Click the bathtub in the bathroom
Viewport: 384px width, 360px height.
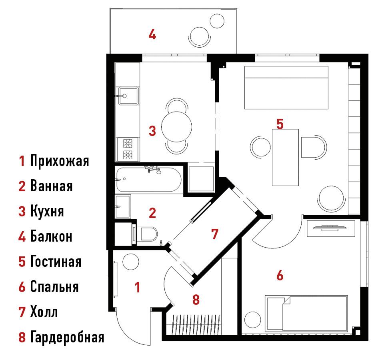click(x=149, y=179)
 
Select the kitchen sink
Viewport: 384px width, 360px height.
click(x=128, y=96)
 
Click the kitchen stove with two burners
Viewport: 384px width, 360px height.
click(x=128, y=149)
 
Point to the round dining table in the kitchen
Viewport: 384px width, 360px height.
click(x=176, y=127)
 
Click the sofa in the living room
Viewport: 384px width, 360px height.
click(x=286, y=88)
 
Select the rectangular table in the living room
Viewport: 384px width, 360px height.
click(x=285, y=157)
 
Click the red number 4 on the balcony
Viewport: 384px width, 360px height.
click(x=152, y=34)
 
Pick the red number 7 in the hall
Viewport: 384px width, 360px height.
click(x=214, y=234)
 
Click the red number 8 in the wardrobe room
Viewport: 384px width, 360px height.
click(x=196, y=300)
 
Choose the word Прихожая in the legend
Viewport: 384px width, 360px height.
click(x=60, y=161)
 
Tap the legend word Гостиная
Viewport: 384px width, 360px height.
click(x=56, y=261)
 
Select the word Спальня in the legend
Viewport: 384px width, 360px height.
click(x=54, y=286)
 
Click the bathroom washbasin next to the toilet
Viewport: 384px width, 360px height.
click(x=123, y=206)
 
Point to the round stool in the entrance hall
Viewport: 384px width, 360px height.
click(x=131, y=262)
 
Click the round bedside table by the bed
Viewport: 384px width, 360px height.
click(x=253, y=320)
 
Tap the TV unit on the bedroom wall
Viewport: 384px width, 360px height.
click(x=331, y=228)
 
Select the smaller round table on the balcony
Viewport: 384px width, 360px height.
click(x=217, y=21)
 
